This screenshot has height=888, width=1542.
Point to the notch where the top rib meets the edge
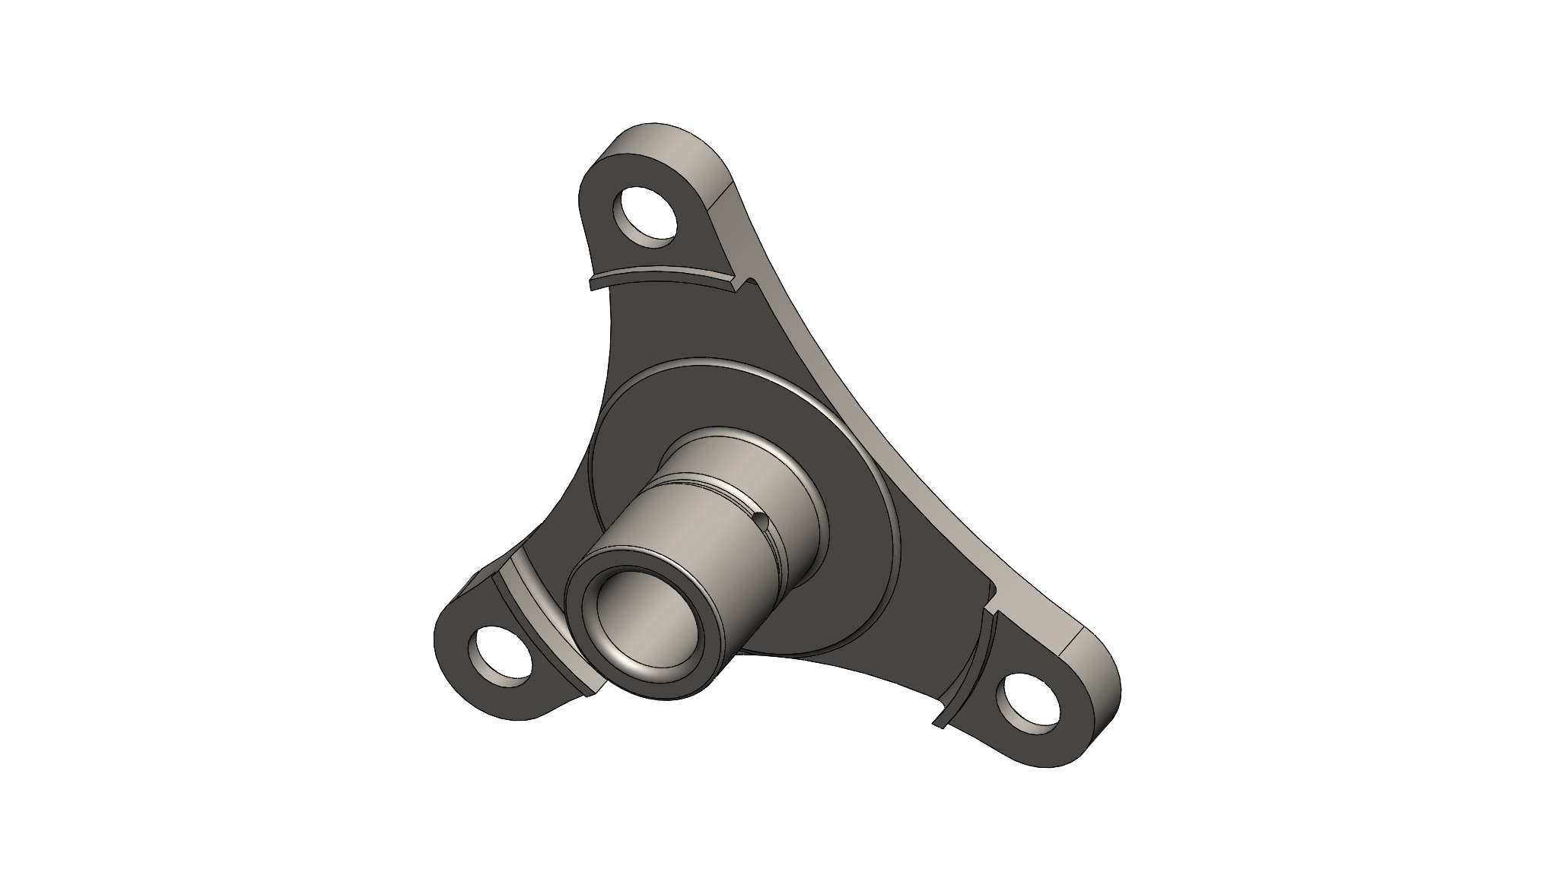[749, 283]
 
